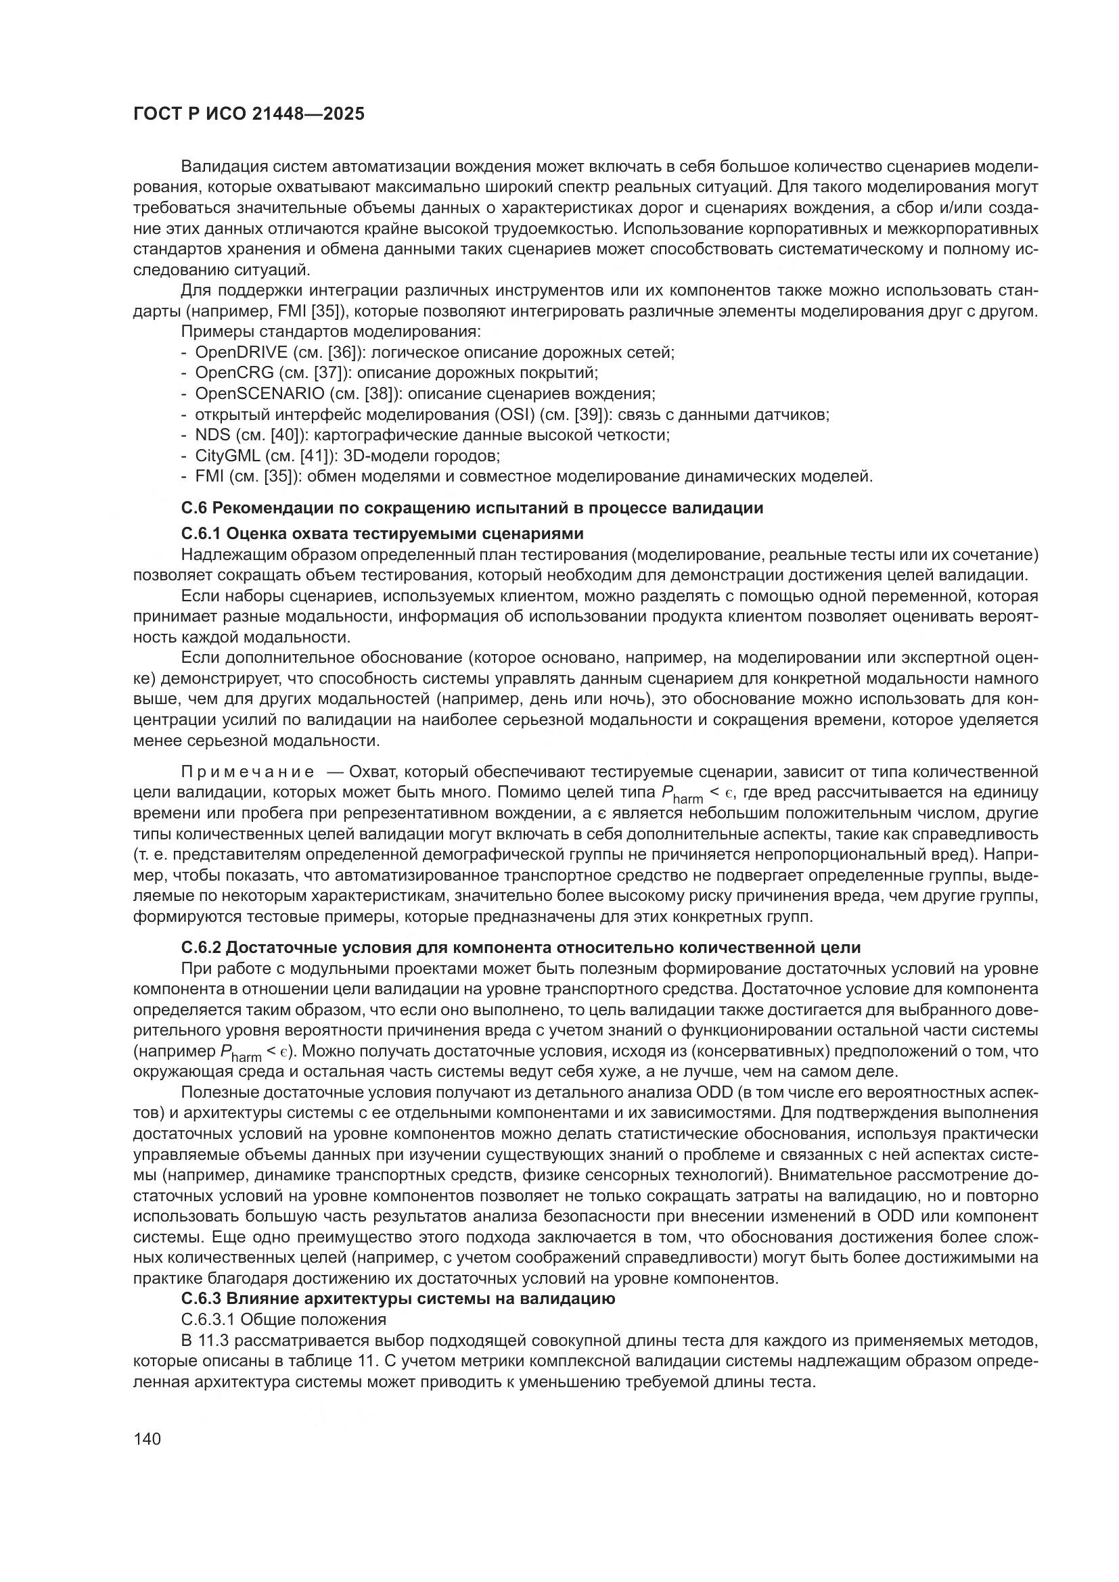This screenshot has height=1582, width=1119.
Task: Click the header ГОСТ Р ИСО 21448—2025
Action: pos(248,114)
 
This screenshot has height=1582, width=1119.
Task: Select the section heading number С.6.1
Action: pos(201,534)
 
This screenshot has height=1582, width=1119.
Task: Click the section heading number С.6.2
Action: pos(201,948)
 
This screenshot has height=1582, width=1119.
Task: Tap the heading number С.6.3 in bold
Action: pos(201,1299)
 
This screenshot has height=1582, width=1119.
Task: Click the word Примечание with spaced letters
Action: pos(248,772)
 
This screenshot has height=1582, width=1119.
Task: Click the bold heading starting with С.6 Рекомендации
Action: pos(472,509)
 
